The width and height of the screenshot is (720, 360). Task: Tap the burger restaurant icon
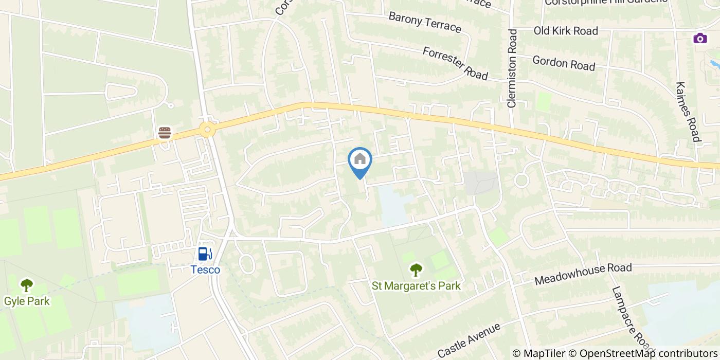tap(165, 133)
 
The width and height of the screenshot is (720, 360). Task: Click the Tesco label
tap(205, 270)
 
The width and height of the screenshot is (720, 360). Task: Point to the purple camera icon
tap(699, 38)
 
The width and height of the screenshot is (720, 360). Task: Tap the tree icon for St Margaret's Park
tap(416, 269)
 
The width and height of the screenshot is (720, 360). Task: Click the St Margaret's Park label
tap(416, 285)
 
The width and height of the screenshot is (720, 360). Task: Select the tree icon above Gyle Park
tap(27, 284)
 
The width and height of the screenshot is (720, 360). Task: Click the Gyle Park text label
tap(27, 301)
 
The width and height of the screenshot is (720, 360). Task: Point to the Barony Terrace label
tap(424, 22)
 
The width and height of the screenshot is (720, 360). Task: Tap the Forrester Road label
tap(455, 63)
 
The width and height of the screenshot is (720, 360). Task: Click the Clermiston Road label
tap(512, 68)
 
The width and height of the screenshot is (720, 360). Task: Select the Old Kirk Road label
tap(566, 31)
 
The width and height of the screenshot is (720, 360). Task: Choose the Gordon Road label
tap(564, 63)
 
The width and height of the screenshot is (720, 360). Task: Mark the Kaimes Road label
tap(688, 112)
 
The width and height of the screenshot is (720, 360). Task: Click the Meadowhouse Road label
tap(583, 274)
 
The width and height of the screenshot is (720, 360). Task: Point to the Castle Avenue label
tap(469, 340)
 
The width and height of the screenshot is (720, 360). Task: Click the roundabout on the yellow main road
tap(207, 130)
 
